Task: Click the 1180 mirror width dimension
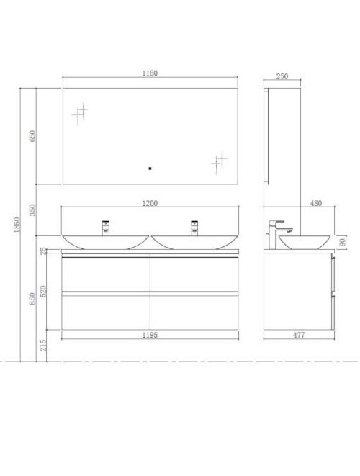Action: (150, 73)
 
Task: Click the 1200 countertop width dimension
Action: (150, 203)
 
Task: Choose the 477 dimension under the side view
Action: (300, 336)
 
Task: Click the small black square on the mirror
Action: (149, 169)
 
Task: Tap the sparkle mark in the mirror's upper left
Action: (79, 113)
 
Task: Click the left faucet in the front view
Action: (105, 227)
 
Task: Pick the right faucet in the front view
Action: (194, 227)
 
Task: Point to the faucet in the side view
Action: (278, 230)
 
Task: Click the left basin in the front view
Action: (105, 242)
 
